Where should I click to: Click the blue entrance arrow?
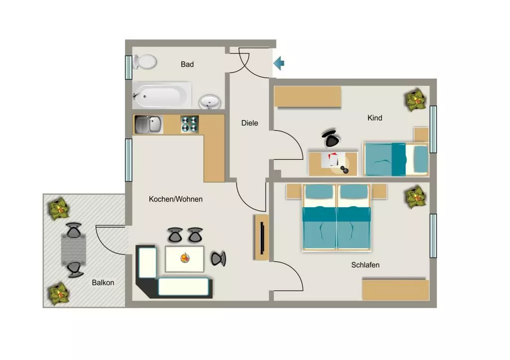pyautogui.click(x=279, y=63)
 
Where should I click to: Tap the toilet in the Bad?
pyautogui.click(x=145, y=61)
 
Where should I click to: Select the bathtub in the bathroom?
pyautogui.click(x=162, y=96)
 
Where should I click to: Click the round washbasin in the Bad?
pyautogui.click(x=210, y=102)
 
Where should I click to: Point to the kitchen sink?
pyautogui.click(x=148, y=124)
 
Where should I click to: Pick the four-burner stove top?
pyautogui.click(x=190, y=124)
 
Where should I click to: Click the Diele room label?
pyautogui.click(x=250, y=123)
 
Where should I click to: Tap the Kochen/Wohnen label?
pyautogui.click(x=176, y=199)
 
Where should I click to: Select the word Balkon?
pyautogui.click(x=103, y=283)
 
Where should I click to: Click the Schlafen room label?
pyautogui.click(x=365, y=265)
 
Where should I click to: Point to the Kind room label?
pyautogui.click(x=375, y=118)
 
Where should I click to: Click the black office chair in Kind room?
pyautogui.click(x=331, y=138)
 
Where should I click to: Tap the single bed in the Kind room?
pyautogui.click(x=395, y=159)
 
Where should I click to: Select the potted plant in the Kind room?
pyautogui.click(x=416, y=101)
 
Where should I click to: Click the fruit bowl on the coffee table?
pyautogui.click(x=185, y=258)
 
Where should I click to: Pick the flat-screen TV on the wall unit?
pyautogui.click(x=262, y=238)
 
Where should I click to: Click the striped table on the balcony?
pyautogui.click(x=74, y=250)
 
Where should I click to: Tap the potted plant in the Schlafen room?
pyautogui.click(x=416, y=197)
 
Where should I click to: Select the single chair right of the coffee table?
pyautogui.click(x=218, y=259)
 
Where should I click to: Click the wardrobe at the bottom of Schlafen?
pyautogui.click(x=396, y=289)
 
